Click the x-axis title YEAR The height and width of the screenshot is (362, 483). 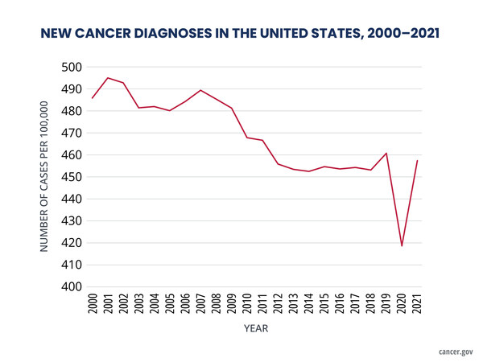click(255, 329)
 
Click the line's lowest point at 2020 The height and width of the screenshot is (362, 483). click(402, 245)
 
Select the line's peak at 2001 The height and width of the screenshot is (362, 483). click(108, 77)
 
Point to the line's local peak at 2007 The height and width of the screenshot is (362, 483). click(200, 90)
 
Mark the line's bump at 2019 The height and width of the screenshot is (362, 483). click(386, 153)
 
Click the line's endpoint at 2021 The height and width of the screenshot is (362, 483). click(417, 160)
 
